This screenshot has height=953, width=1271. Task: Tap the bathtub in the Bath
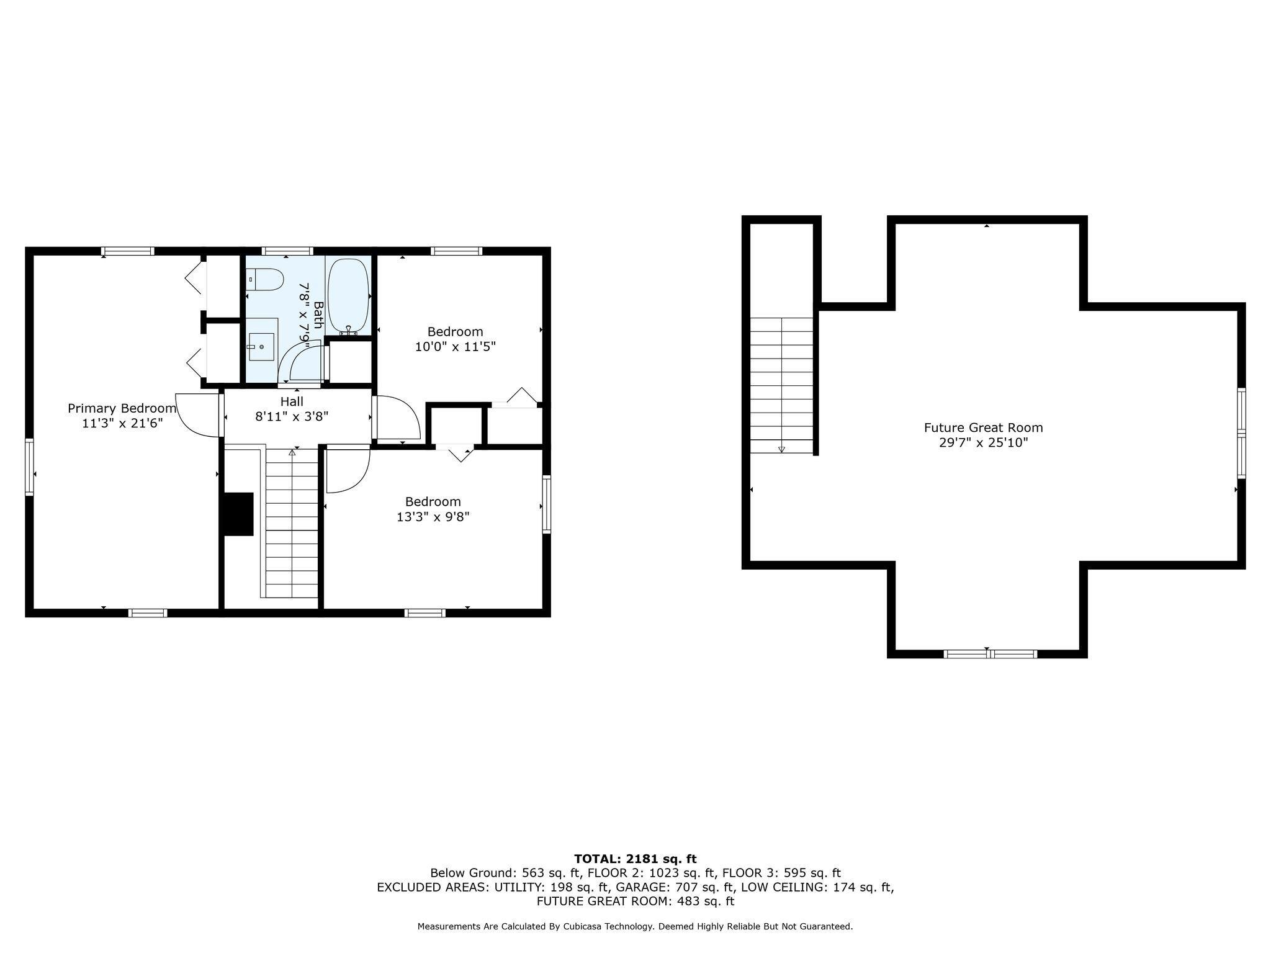tap(348, 295)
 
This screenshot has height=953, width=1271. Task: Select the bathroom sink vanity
tap(261, 346)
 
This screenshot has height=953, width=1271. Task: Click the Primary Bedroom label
tap(122, 408)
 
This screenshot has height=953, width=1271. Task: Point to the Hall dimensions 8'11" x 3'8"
tap(292, 416)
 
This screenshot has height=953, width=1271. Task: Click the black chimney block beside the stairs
tap(238, 514)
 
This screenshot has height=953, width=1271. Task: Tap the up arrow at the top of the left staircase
tap(292, 453)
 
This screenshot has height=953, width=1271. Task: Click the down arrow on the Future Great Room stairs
tap(781, 449)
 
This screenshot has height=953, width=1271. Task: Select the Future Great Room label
tap(983, 427)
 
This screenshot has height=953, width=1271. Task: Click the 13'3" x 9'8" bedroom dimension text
tap(433, 517)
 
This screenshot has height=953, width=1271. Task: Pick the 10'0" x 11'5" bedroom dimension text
tap(455, 347)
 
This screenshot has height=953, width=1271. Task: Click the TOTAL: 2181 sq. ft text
tap(635, 859)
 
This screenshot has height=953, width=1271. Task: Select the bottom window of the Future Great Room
tap(990, 653)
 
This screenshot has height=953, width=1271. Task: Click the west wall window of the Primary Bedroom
tap(29, 467)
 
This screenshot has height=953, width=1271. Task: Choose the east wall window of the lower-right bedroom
tap(546, 504)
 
